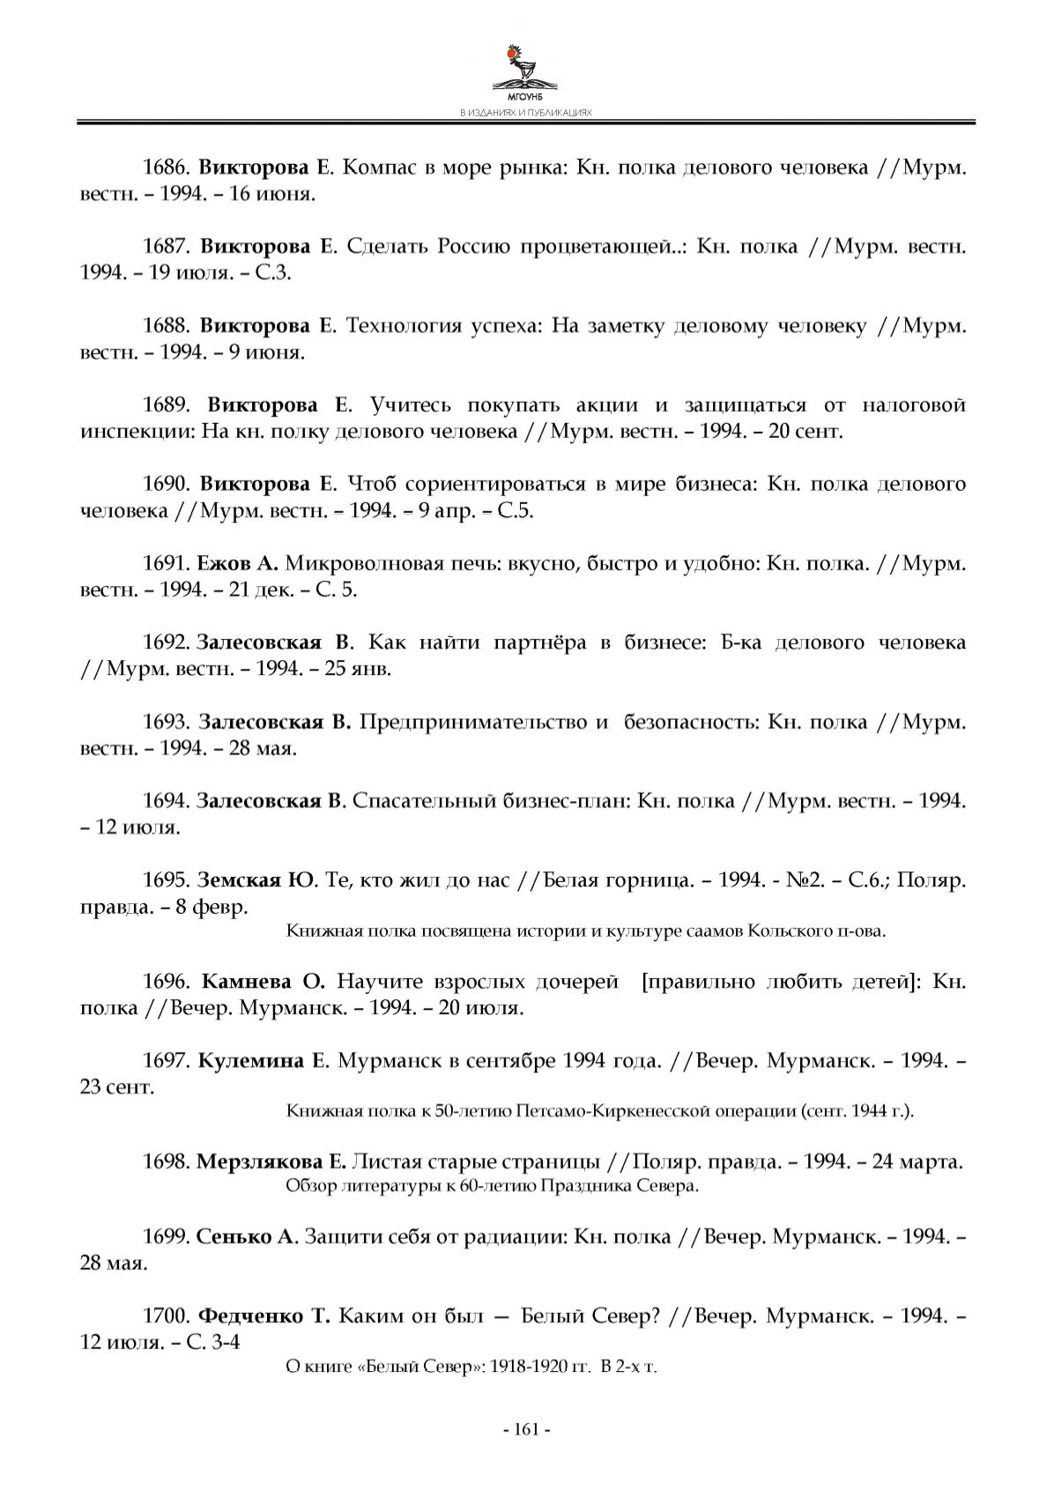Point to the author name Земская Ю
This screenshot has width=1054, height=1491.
coord(256,880)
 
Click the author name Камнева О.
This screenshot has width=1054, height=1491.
coord(263,982)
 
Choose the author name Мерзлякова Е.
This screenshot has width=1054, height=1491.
coord(271,1162)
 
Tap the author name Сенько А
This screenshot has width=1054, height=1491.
coord(248,1237)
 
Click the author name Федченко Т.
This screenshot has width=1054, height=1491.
coord(264,1317)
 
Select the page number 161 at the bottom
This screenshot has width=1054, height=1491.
coord(526,1429)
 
